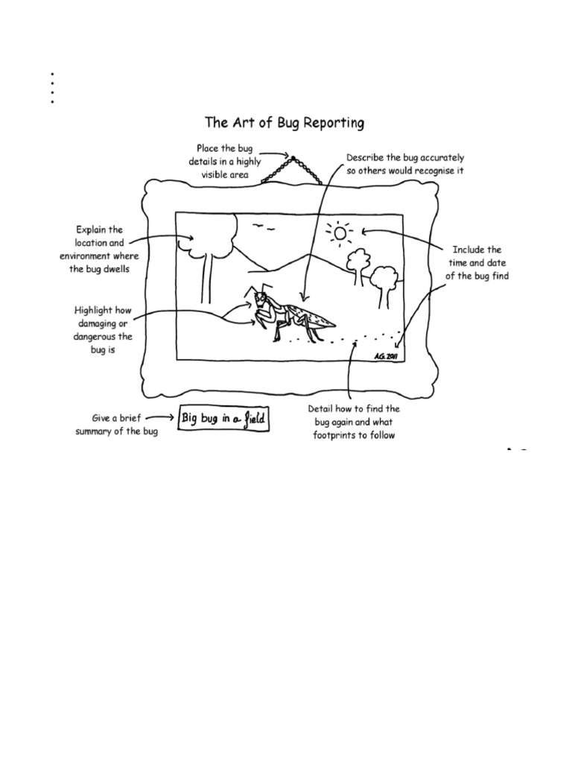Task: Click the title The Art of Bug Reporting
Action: (x=285, y=122)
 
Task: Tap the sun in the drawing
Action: (x=341, y=233)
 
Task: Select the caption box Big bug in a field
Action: (x=223, y=420)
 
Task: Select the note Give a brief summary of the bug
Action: (x=116, y=425)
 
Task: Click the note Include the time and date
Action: (x=477, y=263)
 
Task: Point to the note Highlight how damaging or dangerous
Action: (x=103, y=329)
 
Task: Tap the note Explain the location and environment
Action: (x=99, y=249)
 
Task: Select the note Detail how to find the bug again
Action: (x=354, y=422)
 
